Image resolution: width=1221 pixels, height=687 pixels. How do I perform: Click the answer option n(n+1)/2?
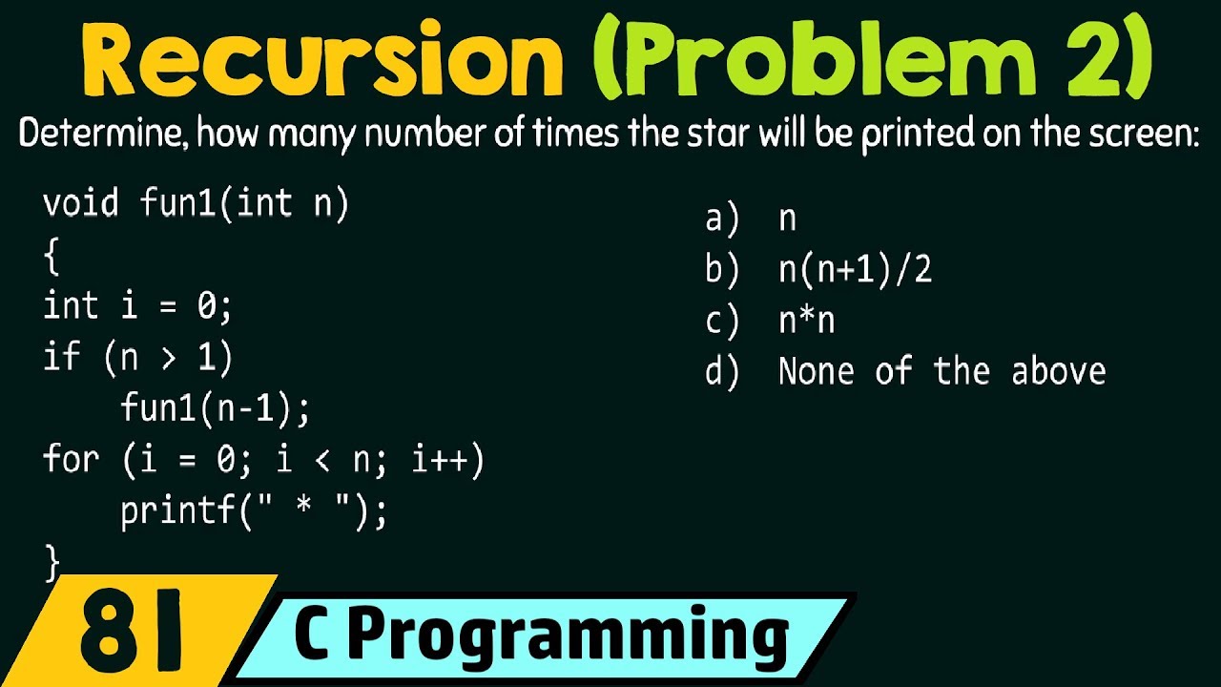tap(855, 270)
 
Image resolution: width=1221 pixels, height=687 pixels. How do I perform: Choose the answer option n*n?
tap(806, 321)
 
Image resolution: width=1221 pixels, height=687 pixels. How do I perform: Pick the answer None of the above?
tap(942, 370)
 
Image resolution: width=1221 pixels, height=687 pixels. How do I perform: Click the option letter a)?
tap(722, 219)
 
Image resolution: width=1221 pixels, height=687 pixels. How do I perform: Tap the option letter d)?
tap(722, 370)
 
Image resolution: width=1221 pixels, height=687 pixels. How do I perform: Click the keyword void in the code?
tap(81, 203)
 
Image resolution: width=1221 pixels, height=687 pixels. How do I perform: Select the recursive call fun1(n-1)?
tap(216, 409)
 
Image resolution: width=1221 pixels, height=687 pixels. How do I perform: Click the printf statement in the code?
tap(254, 512)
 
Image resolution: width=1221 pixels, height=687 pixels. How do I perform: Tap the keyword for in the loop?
tap(71, 461)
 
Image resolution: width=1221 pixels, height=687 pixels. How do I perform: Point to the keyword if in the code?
tap(61, 358)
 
